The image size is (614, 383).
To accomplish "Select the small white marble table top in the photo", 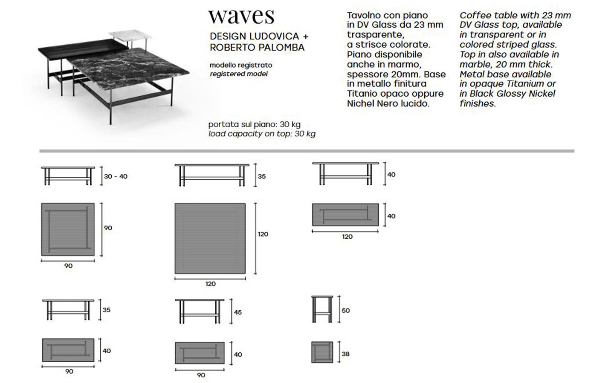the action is (x=130, y=35).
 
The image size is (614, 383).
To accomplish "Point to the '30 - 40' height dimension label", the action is (x=116, y=177).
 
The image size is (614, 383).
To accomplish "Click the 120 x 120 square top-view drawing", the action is (x=210, y=238).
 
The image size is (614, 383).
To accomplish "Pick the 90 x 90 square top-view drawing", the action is (x=68, y=229).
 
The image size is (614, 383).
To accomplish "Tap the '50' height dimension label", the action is (x=346, y=311).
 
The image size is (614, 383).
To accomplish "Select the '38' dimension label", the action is (x=346, y=354).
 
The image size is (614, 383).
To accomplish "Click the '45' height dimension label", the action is (x=237, y=312).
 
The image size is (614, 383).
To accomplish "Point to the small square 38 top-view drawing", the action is (x=322, y=352).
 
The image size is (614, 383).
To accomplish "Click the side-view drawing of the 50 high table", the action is (x=322, y=309).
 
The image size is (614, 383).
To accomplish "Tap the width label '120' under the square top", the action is (x=211, y=284).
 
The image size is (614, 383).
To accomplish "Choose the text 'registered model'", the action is (x=239, y=74).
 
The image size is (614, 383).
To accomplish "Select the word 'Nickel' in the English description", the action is (x=542, y=94).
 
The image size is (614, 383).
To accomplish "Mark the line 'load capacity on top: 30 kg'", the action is (x=262, y=134).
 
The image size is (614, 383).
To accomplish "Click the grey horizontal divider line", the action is (x=307, y=151).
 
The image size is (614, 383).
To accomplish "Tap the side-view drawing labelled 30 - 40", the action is (x=68, y=176).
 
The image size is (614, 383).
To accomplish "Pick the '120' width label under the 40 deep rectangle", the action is (x=347, y=237).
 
